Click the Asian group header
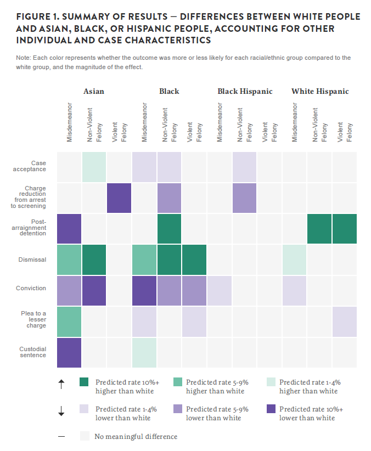click(x=93, y=91)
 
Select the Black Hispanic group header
click(x=245, y=91)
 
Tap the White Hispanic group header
click(x=320, y=91)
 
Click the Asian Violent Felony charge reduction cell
click(x=119, y=198)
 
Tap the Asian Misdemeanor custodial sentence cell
click(x=69, y=352)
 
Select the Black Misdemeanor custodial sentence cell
click(x=144, y=352)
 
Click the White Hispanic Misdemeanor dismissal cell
click(x=295, y=260)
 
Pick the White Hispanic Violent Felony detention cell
click(x=345, y=229)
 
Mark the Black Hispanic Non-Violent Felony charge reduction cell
click(x=245, y=198)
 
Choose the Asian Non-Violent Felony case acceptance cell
click(x=94, y=166)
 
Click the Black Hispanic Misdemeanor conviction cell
click(x=220, y=290)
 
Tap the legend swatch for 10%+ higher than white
click(x=84, y=382)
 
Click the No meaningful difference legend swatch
click(x=84, y=436)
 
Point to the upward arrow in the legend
click(x=61, y=385)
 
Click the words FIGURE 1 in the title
click(x=38, y=17)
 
